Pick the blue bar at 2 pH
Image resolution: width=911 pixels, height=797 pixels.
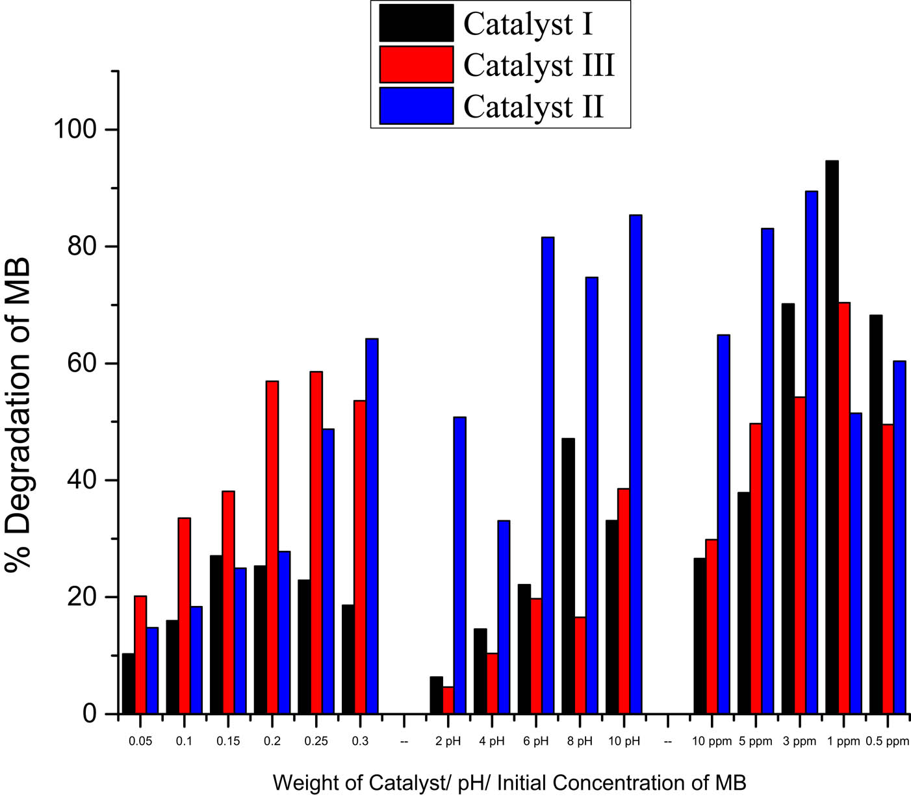(459, 565)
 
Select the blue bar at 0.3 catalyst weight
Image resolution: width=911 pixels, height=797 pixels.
(372, 525)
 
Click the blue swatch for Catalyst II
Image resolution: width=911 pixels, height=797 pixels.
(416, 105)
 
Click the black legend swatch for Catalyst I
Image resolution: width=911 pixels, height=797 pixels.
(416, 23)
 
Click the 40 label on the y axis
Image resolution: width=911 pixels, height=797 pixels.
(81, 480)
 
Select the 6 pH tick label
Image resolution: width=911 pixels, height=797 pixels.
(535, 741)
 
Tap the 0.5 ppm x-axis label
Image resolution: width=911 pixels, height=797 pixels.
(888, 741)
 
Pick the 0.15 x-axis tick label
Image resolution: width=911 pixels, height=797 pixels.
(228, 741)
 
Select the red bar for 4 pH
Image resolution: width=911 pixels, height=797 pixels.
(492, 683)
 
